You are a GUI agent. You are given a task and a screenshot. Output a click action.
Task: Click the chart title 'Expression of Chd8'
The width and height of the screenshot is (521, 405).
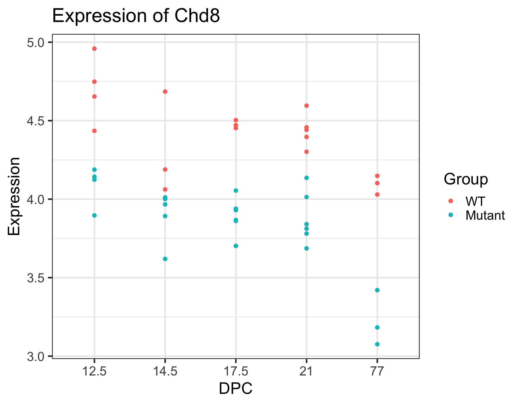[x=136, y=16]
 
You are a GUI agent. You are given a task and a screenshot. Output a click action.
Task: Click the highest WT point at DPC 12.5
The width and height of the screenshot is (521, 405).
[x=94, y=49]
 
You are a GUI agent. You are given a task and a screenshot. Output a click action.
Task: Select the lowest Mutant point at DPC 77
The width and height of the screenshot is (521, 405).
[x=377, y=344]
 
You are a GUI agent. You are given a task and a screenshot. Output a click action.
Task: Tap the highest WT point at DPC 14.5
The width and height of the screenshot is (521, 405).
[x=165, y=92]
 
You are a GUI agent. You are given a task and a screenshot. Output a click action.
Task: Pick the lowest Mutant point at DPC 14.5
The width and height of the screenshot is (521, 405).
[x=165, y=259]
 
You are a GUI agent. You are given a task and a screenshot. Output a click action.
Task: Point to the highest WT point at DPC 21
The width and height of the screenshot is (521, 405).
[x=307, y=106]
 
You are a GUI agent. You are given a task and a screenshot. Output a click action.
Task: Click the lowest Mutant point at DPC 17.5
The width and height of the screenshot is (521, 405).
[x=236, y=246]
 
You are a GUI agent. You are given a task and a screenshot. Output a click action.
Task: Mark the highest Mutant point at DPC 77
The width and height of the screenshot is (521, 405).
[x=377, y=290]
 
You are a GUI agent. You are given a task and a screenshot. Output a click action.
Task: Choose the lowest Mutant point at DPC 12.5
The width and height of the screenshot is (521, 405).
[x=94, y=215]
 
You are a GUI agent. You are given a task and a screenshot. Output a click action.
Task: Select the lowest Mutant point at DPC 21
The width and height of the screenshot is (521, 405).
[x=307, y=248]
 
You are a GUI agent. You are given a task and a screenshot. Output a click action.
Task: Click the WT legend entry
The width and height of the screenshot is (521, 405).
[x=475, y=201]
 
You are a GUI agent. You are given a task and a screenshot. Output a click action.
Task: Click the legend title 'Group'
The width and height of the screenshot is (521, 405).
[x=466, y=179]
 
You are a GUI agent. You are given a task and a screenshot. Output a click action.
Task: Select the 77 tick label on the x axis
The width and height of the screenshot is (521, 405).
[x=377, y=372]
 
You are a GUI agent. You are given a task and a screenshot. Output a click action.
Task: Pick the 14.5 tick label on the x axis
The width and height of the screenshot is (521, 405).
[x=165, y=372]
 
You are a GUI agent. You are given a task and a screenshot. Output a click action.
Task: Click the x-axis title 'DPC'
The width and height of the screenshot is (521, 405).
[x=235, y=388]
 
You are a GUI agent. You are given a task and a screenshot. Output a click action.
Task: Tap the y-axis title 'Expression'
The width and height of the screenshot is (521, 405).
[x=14, y=196]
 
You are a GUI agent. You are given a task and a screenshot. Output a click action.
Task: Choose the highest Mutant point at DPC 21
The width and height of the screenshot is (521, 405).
[x=307, y=178]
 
